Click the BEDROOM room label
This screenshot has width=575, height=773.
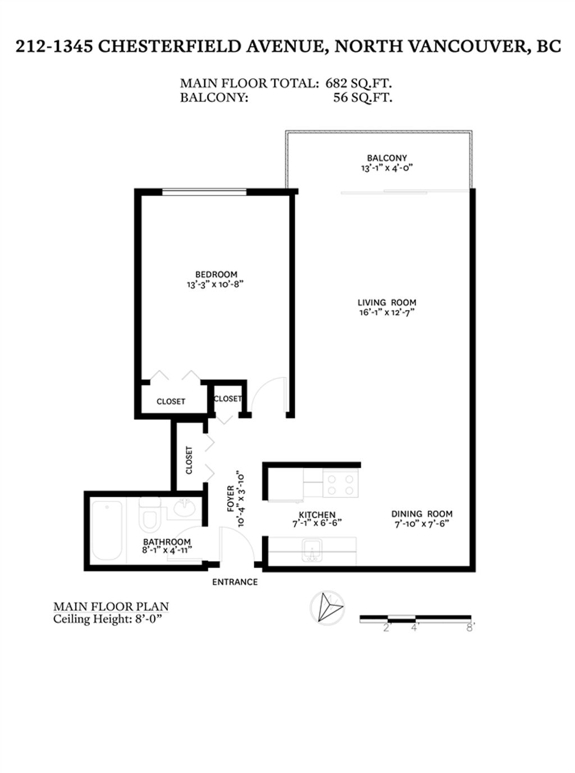216,274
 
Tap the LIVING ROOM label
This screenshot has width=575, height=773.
387,303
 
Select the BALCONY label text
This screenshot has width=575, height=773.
387,158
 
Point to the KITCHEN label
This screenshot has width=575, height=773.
317,514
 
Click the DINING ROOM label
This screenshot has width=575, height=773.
422,514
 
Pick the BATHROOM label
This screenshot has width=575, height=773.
167,542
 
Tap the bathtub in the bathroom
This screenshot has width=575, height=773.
107,530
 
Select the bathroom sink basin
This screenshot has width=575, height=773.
184,509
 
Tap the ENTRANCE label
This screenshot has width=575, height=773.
235,582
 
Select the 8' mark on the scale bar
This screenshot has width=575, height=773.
471,628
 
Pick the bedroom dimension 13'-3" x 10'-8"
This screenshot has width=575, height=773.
216,284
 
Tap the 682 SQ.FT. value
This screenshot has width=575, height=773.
359,83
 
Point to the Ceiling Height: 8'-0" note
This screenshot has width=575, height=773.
111,620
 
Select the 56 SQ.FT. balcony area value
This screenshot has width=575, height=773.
362,97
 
